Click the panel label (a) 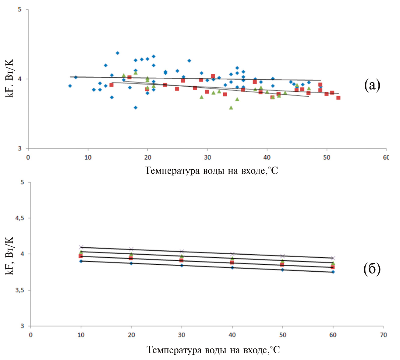coord(372,85)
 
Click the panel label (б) coord(372,269)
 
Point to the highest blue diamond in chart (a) coord(118,53)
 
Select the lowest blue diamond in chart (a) coord(136,108)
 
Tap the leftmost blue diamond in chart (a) coord(70,86)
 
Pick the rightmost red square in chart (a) coord(338,98)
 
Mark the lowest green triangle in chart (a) coord(231,108)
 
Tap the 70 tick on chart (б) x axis coord(383,335)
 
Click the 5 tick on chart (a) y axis coord(20,9)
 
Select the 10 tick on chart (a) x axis coord(88,157)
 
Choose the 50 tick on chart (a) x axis coord(327,157)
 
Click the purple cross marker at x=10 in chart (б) coord(81,247)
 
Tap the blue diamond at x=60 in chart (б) coord(333,272)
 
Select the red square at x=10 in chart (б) coord(81,256)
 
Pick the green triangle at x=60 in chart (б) coord(333,263)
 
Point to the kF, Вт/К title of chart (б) coord(10,256)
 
